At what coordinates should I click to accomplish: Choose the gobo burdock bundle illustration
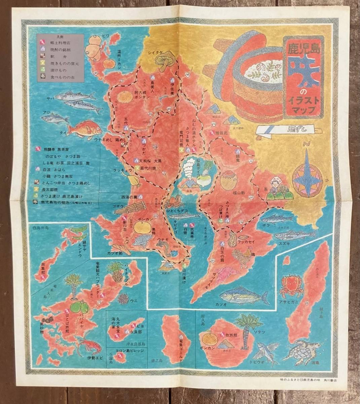tap(130, 207)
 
